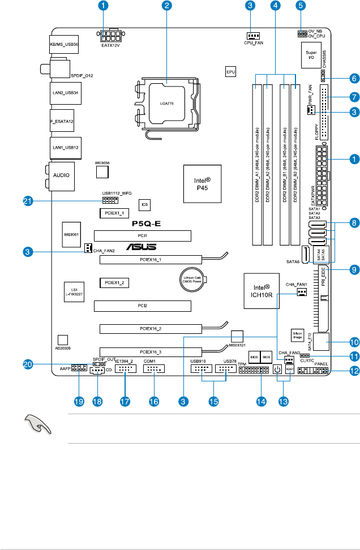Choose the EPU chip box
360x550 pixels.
(x=230, y=72)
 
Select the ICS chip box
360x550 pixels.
(x=145, y=203)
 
